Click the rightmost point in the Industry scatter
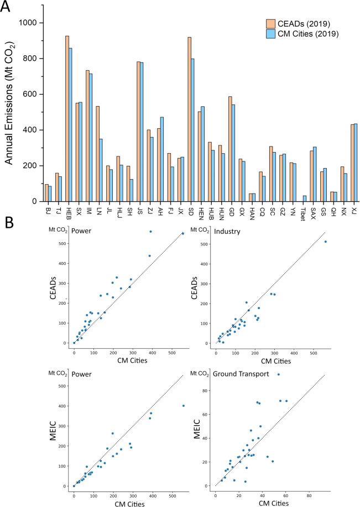point(326,242)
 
